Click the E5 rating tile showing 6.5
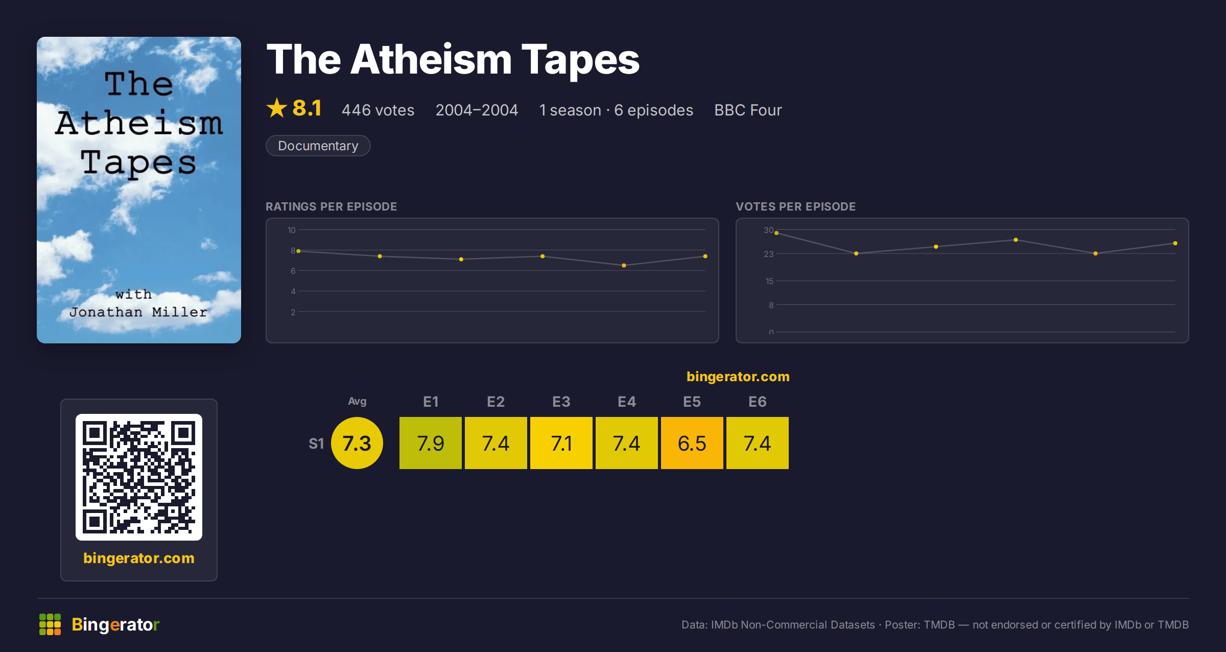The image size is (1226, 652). point(692,443)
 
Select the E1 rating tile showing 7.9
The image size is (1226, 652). point(430,443)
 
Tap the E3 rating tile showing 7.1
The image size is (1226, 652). point(561,443)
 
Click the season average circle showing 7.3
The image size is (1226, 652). point(357,443)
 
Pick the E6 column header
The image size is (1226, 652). point(757,402)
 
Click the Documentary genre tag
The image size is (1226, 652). point(318,146)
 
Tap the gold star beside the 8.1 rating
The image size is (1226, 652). point(277,108)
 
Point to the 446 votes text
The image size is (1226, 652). point(378,110)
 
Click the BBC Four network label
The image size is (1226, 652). point(748,110)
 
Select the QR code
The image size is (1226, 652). point(139,477)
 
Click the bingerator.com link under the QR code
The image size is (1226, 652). point(139,558)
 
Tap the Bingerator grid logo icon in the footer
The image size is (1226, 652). point(50,624)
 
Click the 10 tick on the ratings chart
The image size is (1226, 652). point(291,230)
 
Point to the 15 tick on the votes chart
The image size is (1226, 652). point(769,281)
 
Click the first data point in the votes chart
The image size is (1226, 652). point(776,233)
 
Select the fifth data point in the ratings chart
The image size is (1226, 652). point(624,265)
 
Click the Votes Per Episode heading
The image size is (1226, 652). point(795,206)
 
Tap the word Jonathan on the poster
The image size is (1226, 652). point(106,312)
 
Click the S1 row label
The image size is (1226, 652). point(316,444)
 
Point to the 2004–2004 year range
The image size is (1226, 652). point(477,110)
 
